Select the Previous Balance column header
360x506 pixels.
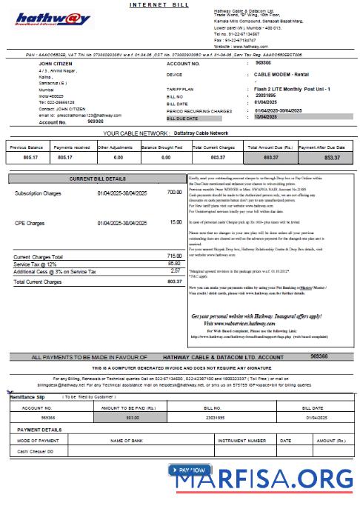click(27, 147)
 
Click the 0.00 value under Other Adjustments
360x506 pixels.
click(116, 158)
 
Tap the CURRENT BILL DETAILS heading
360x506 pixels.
click(98, 179)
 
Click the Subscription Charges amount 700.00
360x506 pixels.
click(174, 193)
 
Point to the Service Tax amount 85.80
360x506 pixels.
click(174, 263)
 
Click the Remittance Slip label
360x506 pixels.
click(27, 397)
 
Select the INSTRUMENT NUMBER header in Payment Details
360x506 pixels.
click(241, 440)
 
